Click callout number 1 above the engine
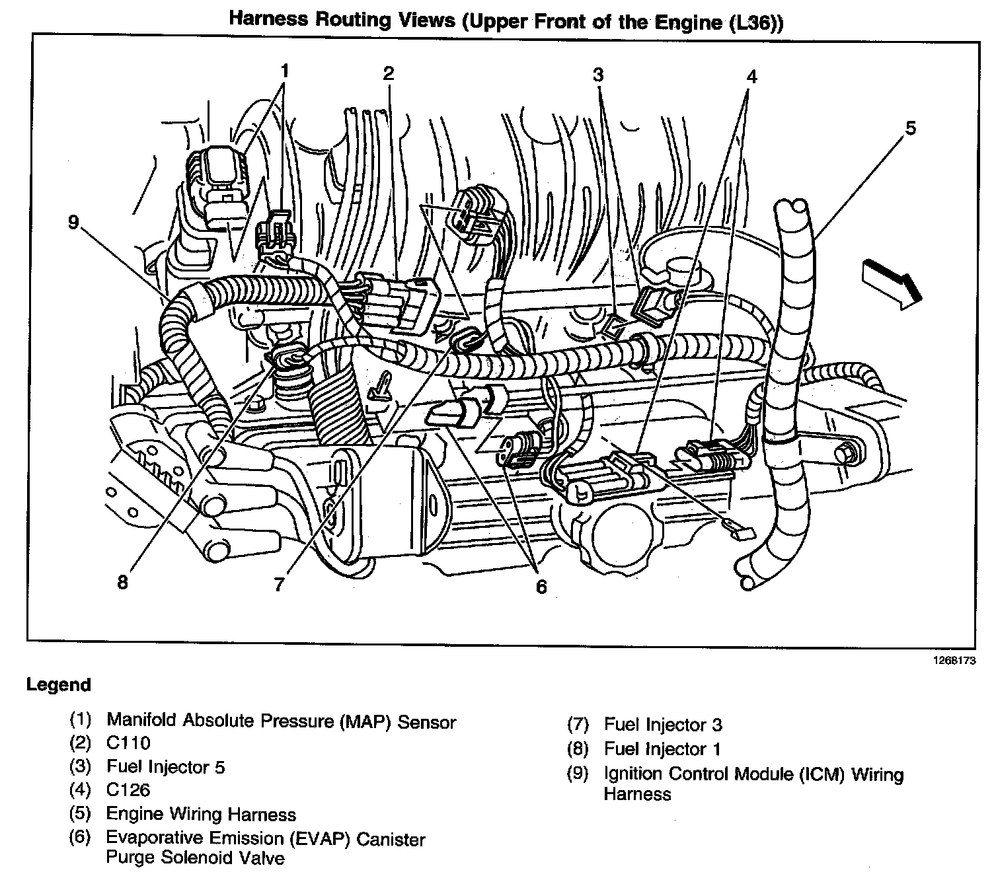(284, 71)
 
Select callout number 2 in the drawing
(388, 73)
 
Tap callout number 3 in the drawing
(598, 75)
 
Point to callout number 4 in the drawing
(751, 77)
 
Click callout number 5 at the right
(910, 129)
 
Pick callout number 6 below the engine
(541, 586)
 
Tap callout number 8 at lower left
(122, 583)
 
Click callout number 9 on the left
(73, 222)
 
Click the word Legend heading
(58, 685)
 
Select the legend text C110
(128, 743)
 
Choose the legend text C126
(128, 790)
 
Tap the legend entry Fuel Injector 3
(663, 725)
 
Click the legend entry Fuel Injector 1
(662, 749)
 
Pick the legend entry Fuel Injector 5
(165, 767)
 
